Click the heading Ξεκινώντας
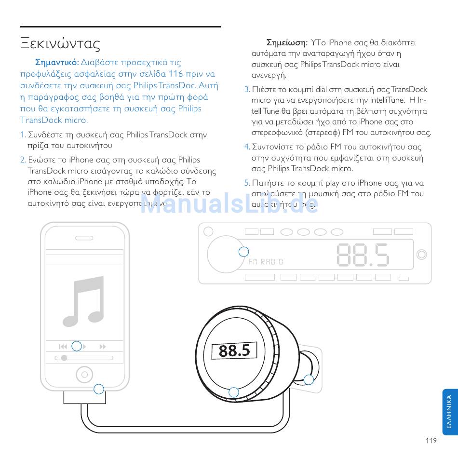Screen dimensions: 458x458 [60, 43]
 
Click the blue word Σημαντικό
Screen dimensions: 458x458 [57, 62]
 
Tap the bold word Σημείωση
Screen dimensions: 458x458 [287, 42]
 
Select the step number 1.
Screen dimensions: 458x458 [23, 135]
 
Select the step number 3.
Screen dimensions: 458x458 [247, 90]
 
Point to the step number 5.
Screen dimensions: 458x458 [247, 183]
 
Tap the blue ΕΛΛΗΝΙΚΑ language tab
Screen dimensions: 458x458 [449, 413]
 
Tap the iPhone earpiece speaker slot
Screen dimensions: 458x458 [84, 238]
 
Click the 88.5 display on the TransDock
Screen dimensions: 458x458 [234, 350]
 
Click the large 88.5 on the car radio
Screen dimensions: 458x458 [363, 254]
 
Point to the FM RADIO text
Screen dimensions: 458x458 [266, 262]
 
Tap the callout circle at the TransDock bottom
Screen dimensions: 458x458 [234, 392]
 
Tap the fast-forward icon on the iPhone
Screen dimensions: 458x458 [102, 347]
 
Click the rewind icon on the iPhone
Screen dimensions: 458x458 [63, 347]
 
